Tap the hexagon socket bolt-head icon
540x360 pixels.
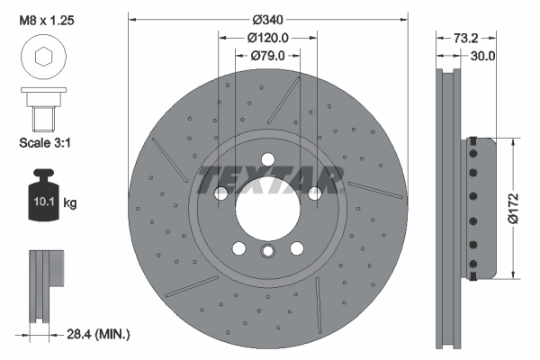pyautogui.click(x=41, y=58)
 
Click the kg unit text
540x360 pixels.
pyautogui.click(x=70, y=203)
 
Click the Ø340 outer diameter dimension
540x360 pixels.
pyautogui.click(x=267, y=19)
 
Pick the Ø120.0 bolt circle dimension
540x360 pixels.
pyautogui.click(x=267, y=38)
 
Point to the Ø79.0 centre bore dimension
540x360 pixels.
pyautogui.click(x=267, y=56)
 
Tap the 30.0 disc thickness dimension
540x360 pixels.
pyautogui.click(x=484, y=56)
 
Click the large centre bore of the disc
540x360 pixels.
pyautogui.click(x=267, y=209)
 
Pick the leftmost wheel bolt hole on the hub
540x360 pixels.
pyautogui.click(x=220, y=193)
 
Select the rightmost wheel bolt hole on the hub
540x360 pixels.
pyautogui.click(x=314, y=193)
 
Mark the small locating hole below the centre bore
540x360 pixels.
pyautogui.click(x=267, y=253)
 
